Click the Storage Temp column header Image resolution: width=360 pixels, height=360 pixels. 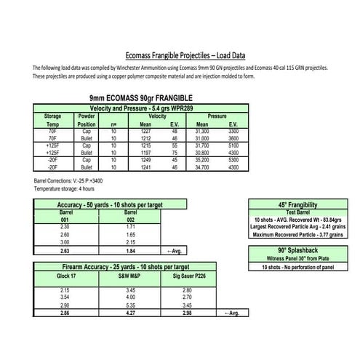pos(52,120)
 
